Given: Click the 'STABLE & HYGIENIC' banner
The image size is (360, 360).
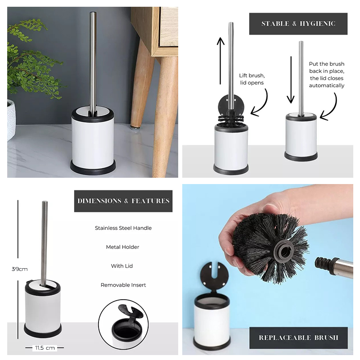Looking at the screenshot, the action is tap(298, 24).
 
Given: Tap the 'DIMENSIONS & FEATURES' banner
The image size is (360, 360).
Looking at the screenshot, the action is tap(123, 201).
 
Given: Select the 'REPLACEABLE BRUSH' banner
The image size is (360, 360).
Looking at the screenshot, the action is tap(298, 338).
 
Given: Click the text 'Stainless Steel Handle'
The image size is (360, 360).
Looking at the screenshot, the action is tap(123, 228).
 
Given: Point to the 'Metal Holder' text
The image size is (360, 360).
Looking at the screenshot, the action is tap(122, 247).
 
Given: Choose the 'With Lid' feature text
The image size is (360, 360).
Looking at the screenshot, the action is tap(122, 266).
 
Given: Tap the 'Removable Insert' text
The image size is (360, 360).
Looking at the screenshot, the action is tap(123, 285).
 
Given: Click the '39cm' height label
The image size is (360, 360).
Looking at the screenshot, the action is tap(19, 269).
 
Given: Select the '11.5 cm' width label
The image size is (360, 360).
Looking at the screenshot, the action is tap(45, 348).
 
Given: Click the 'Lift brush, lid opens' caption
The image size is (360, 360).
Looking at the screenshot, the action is tap(252, 79).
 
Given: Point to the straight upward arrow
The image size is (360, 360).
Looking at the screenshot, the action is tap(220, 61).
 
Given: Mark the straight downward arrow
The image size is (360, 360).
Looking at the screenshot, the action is tap(291, 80).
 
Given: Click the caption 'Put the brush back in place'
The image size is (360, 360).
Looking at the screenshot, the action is tap(327, 67).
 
